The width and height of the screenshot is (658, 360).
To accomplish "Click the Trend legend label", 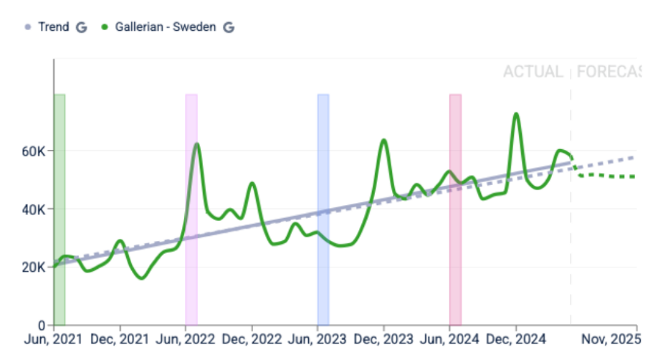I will click(x=53, y=27).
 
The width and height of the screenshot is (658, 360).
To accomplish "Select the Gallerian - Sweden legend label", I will click(x=166, y=27).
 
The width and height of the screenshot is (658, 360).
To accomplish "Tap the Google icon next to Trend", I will click(x=82, y=27).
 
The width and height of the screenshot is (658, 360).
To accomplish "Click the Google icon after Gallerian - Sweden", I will click(x=229, y=27).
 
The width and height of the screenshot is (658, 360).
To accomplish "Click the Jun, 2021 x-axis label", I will click(x=54, y=338).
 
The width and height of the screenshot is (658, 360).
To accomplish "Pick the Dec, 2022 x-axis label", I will click(x=252, y=338).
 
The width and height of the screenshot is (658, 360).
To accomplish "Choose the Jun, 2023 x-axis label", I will click(x=318, y=338).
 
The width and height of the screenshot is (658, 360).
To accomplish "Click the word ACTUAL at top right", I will click(x=533, y=72).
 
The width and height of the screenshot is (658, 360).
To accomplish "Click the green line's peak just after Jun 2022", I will click(x=196, y=144).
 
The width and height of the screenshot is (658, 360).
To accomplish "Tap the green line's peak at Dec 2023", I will click(x=384, y=140).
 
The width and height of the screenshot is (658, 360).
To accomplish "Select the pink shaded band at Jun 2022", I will click(x=191, y=208).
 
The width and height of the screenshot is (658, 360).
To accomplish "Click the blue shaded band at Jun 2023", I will click(x=323, y=208).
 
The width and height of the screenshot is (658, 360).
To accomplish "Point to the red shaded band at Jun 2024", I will click(x=455, y=208).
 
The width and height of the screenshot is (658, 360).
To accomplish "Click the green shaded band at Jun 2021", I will click(x=59, y=208).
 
